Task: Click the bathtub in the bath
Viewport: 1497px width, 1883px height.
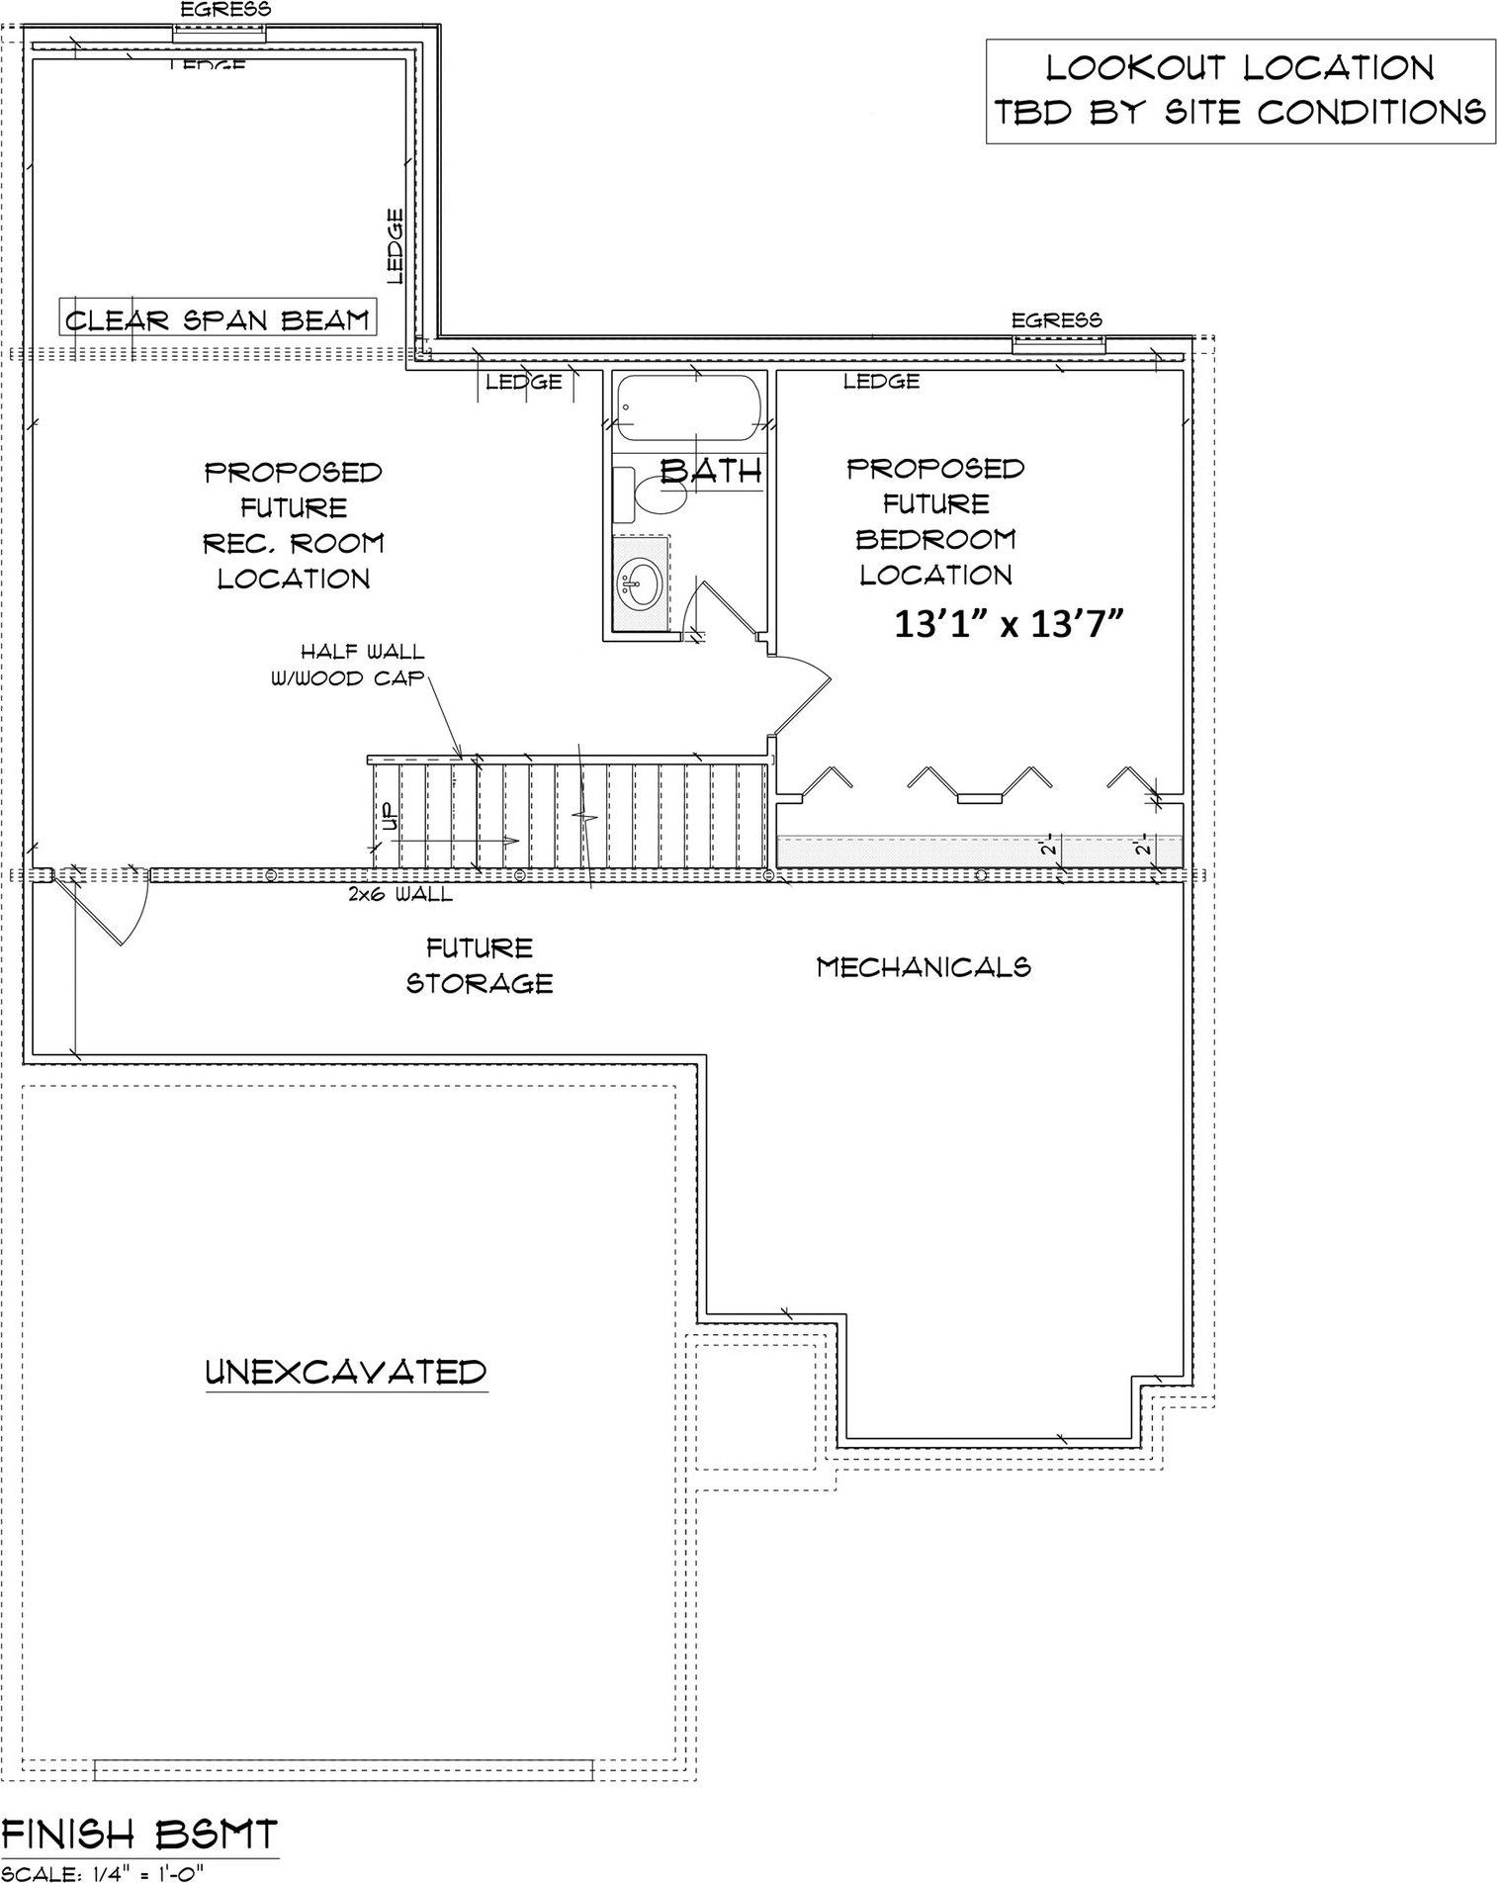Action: pos(689,408)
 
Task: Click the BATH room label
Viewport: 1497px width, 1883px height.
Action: pos(712,471)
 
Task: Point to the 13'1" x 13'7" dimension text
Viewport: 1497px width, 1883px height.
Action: pos(1009,625)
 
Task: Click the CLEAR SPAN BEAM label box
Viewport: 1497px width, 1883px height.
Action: pos(217,319)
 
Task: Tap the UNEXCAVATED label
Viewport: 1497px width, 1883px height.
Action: pos(346,1372)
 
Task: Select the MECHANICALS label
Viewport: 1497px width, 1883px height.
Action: pos(924,966)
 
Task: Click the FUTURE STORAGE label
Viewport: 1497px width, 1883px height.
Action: pos(480,965)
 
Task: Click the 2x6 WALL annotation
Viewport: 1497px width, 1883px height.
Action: pos(400,895)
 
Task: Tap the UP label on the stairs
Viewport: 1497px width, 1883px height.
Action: pos(388,817)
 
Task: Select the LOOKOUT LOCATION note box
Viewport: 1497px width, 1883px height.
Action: pos(1239,91)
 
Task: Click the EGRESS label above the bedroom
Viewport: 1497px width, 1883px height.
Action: pos(1056,320)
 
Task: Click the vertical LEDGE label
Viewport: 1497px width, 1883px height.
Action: pos(396,245)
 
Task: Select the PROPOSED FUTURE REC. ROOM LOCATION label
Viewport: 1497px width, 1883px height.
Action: pos(294,525)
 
